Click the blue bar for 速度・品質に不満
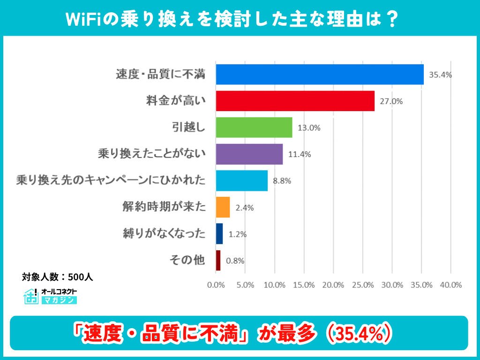coord(320,74)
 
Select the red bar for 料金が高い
coord(295,101)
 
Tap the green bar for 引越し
coord(254,127)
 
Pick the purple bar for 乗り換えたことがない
coord(249,154)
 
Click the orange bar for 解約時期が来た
coord(223,207)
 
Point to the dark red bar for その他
coord(218,260)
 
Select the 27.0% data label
coord(390,101)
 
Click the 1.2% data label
coord(237,234)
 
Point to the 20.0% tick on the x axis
coord(333,285)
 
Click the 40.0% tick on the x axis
coord(450,285)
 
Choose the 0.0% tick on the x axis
coord(216,285)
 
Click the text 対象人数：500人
coord(57,277)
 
